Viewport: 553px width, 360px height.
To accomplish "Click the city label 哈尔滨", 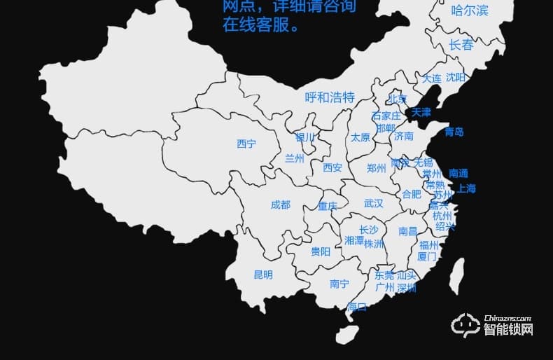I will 470,11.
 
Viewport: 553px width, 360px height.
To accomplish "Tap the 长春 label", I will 461,45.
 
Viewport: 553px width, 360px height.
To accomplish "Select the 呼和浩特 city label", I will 330,97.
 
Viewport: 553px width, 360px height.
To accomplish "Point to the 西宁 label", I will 246,144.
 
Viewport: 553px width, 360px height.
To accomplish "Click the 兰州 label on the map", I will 295,158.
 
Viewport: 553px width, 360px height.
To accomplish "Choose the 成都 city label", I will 280,205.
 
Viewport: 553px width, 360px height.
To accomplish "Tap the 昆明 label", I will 263,275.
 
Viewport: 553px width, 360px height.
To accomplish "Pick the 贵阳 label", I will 321,251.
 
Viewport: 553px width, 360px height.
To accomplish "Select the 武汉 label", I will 374,203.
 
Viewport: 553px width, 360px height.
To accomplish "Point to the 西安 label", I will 332,167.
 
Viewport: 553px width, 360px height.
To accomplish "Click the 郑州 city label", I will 376,168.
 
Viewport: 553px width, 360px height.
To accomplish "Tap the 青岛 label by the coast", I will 454,132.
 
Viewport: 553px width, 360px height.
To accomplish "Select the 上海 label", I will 466,188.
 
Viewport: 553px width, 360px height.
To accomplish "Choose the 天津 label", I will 421,112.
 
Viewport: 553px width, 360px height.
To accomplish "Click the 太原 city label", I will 360,137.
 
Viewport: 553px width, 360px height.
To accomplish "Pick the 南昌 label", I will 407,230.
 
